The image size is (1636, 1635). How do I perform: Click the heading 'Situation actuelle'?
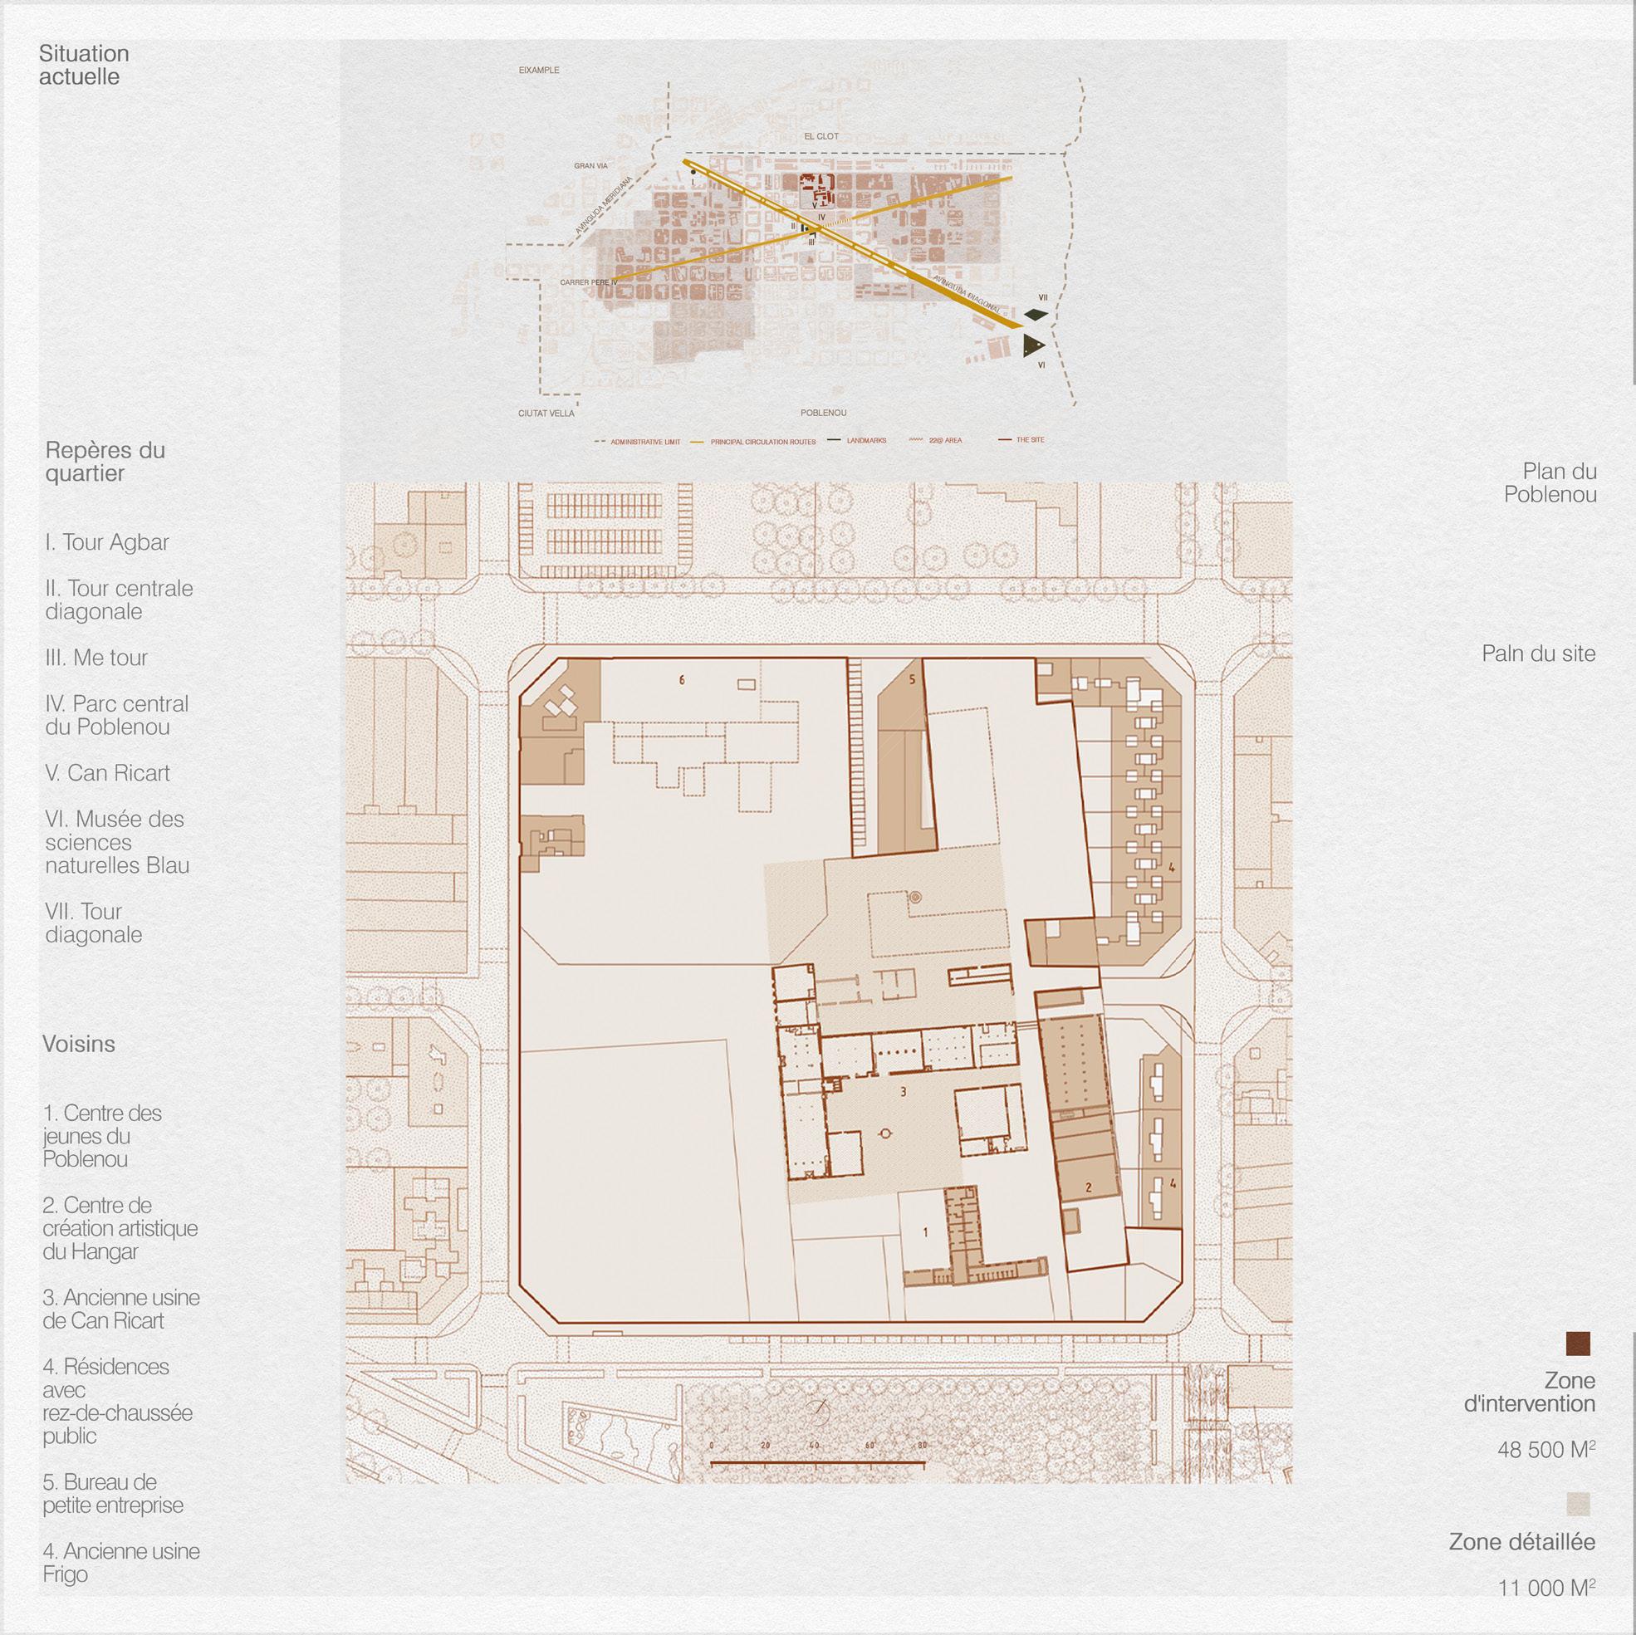[x=84, y=66]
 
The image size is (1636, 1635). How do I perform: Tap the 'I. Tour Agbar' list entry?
[x=107, y=543]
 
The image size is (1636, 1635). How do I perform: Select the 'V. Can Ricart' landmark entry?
[x=107, y=773]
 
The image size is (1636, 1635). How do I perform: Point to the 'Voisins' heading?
[x=79, y=1044]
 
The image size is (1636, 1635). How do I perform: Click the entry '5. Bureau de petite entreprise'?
[x=113, y=1494]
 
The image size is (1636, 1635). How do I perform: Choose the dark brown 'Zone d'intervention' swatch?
[x=1578, y=1344]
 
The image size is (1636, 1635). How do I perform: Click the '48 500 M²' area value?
[x=1545, y=1450]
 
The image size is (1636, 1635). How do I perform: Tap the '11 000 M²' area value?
[x=1546, y=1611]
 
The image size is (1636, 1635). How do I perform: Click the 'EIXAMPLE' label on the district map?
[x=539, y=71]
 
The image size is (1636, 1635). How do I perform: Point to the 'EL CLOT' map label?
[x=821, y=136]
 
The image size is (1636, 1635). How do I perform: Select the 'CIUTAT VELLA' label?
[x=546, y=414]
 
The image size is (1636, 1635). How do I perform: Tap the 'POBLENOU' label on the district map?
[x=823, y=414]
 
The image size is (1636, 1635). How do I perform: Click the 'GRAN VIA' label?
[x=591, y=166]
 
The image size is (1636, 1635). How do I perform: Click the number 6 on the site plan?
[x=682, y=680]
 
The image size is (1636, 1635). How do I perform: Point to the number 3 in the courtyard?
[x=904, y=1092]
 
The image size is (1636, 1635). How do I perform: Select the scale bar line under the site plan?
[x=817, y=1462]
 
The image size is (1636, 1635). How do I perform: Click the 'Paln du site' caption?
[x=1538, y=654]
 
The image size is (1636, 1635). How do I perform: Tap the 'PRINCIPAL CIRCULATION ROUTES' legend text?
[x=763, y=442]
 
